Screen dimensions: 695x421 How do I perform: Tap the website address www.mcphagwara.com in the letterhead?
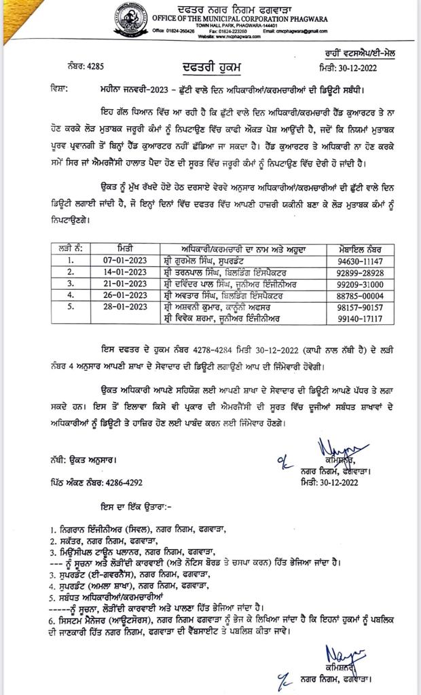(x=223, y=37)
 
